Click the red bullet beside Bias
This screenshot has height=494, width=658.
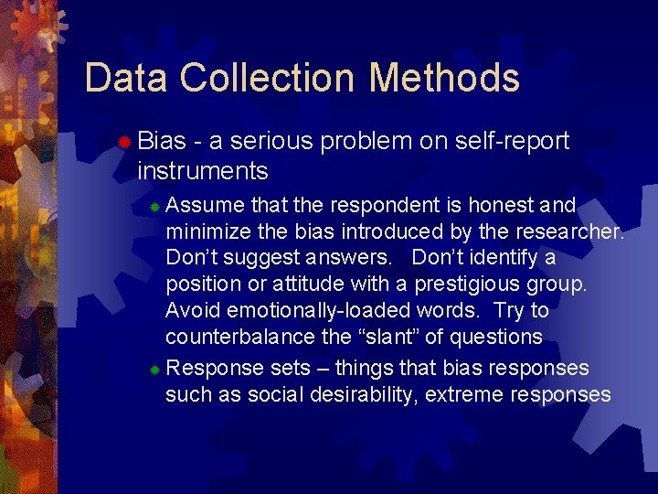(x=123, y=142)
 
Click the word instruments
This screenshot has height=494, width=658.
(x=202, y=171)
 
